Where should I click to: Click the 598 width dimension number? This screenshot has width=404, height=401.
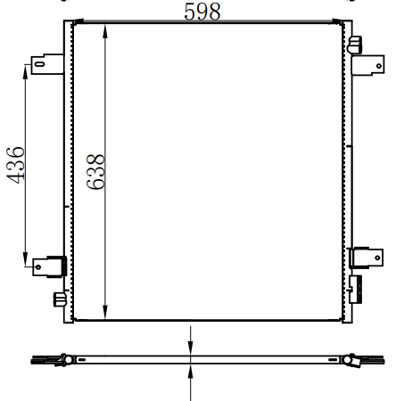[202, 12]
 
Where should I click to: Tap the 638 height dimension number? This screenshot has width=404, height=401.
[95, 172]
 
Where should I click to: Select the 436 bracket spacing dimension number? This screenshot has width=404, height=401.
[15, 165]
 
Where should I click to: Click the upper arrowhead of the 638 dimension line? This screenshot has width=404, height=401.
[105, 31]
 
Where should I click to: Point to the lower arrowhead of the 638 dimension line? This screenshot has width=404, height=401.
[105, 312]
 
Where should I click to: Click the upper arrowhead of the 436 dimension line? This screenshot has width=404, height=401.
[25, 72]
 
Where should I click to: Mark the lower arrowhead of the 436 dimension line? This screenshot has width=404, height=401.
[25, 259]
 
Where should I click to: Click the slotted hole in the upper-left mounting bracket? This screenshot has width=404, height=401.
[40, 63]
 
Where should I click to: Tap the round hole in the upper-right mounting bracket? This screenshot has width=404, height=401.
[379, 66]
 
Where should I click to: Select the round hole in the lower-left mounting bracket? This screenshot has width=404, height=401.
[38, 267]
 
